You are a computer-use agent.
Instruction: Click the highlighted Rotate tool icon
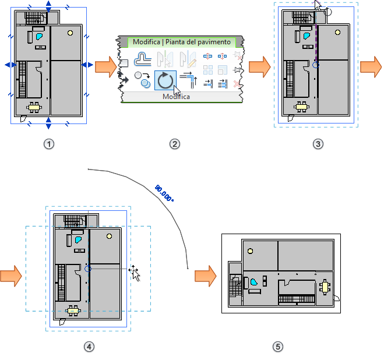coord(165,80)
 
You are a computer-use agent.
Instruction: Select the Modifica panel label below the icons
coord(175,97)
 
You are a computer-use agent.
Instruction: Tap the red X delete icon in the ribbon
coord(236,84)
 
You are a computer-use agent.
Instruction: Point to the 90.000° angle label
coord(164,193)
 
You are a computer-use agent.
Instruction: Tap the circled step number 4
coord(89,347)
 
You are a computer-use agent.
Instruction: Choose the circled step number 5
coord(278,347)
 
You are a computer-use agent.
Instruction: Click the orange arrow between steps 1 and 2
coord(105,66)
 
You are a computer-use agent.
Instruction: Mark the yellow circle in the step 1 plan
coord(71,33)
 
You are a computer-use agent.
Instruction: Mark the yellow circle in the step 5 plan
coord(251,251)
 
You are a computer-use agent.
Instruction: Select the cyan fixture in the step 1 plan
coord(39,36)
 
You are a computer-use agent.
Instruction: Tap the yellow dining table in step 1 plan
coord(35,107)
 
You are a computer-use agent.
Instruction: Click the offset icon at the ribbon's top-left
coord(143,58)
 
